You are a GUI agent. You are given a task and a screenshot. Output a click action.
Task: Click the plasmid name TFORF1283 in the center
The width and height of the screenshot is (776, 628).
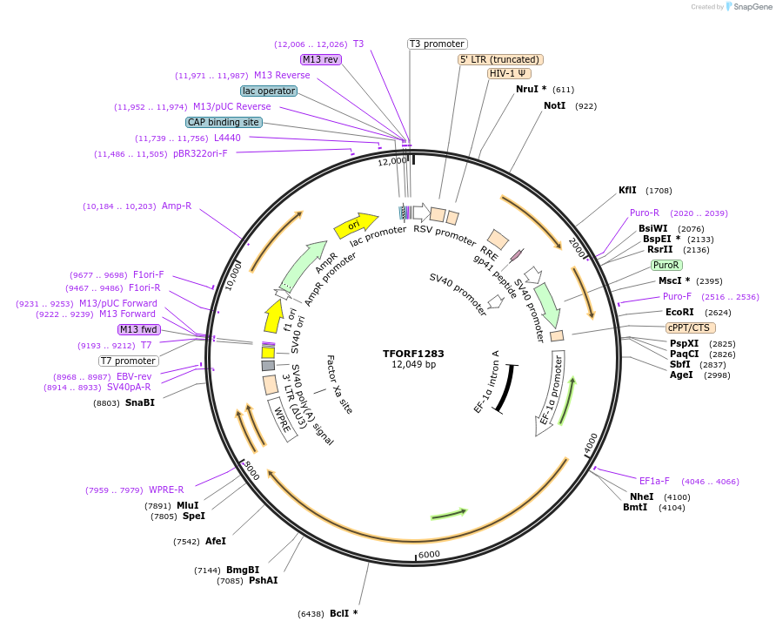coord(413,354)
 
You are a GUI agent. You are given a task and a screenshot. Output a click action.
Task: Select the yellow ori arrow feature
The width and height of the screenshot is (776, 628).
coord(356,225)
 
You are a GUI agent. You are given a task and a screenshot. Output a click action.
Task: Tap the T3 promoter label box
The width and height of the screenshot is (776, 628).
coord(437,44)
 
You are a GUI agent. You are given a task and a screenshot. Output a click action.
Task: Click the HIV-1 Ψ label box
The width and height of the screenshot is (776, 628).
coord(513,73)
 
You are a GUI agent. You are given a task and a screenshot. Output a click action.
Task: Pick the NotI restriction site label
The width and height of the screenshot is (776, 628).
coord(554,105)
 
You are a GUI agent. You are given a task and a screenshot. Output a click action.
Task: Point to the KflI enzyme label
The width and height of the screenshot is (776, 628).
coord(627,190)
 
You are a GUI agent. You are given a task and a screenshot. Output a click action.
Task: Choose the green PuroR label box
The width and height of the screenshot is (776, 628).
coord(666,265)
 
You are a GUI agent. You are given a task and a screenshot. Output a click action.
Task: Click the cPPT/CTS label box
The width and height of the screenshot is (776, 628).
coord(688,328)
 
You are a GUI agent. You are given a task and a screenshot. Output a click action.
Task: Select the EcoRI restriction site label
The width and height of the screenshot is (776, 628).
coord(679,312)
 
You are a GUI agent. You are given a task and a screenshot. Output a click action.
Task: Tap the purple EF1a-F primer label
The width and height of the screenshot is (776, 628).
coord(654,481)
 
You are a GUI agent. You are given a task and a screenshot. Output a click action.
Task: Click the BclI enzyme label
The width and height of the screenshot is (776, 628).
coord(343,613)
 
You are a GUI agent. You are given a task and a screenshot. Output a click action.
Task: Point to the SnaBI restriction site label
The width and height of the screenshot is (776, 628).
coord(139,403)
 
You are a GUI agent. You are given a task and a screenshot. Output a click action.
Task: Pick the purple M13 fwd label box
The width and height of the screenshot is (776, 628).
coord(137,329)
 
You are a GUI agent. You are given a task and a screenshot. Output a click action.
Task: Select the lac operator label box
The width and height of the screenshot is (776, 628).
coord(269,91)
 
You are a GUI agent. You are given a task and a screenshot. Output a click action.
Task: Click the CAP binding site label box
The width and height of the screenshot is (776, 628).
coord(224,122)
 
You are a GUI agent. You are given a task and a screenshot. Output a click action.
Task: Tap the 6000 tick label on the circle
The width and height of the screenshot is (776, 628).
coord(430,554)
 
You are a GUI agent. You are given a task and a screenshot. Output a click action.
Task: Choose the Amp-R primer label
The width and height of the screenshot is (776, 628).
coord(177,206)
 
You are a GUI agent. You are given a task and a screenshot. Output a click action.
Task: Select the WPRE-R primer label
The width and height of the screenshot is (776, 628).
coord(166,490)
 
